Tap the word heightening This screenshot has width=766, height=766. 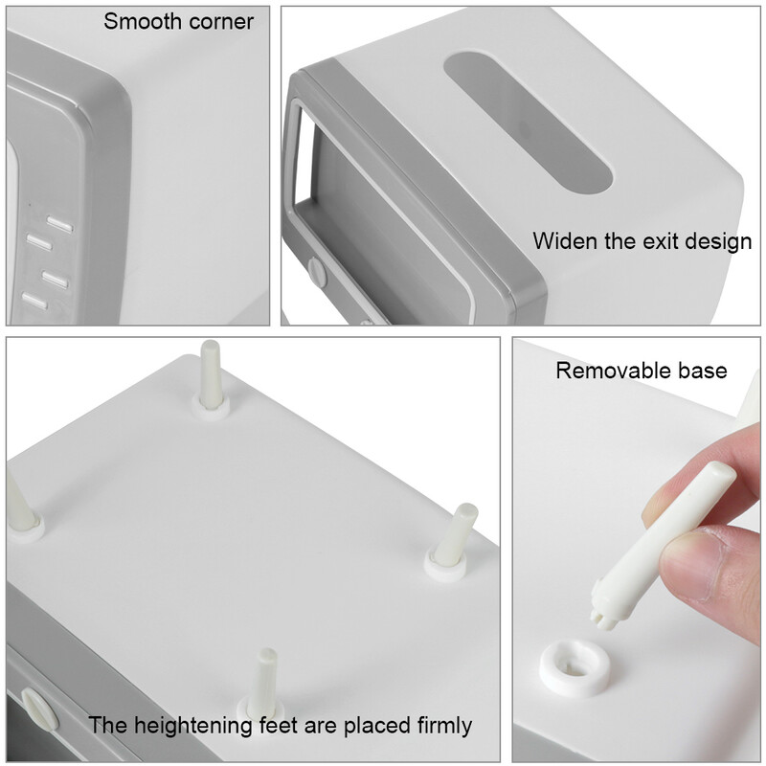tap(192, 726)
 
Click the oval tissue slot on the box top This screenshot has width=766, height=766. tap(529, 124)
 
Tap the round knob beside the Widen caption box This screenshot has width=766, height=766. tap(316, 272)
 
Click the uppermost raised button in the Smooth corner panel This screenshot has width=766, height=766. tap(60, 224)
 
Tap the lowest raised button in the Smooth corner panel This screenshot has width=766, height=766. tap(34, 301)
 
